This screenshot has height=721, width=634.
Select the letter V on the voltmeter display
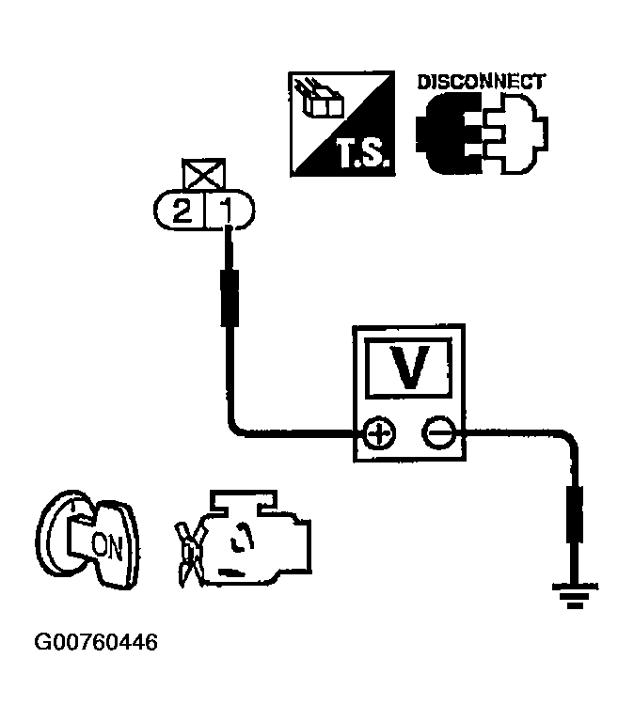(x=408, y=368)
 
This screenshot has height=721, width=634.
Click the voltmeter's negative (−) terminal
(x=437, y=433)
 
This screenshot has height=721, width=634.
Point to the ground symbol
(x=573, y=595)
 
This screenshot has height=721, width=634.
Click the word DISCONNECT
(x=480, y=82)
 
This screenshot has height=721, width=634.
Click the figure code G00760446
(x=95, y=643)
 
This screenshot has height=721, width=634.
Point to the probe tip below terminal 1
(x=227, y=295)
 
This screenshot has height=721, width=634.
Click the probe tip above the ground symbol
(x=574, y=514)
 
